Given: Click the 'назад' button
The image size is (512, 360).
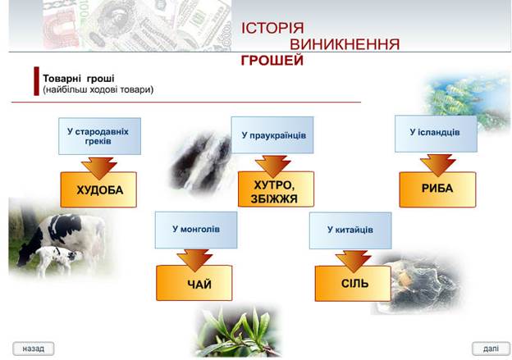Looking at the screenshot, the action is [x=34, y=348].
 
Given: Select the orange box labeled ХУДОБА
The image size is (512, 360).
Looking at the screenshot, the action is [x=98, y=190].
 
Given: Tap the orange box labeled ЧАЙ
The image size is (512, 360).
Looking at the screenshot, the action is [x=194, y=284].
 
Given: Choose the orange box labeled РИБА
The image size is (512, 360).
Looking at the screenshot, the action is [x=437, y=189].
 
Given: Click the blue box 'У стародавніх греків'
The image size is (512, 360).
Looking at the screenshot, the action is [x=98, y=135].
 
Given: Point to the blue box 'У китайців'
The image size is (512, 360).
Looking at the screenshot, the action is [x=350, y=230].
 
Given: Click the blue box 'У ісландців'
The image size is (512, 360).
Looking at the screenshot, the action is [x=435, y=133].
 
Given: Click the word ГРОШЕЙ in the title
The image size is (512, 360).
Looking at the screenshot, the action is [x=272, y=61].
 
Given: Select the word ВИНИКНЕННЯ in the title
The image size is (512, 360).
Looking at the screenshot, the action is [x=345, y=44].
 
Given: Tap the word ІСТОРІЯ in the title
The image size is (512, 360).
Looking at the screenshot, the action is [x=272, y=28].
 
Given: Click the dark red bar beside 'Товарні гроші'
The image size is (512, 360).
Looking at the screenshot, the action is [x=37, y=81].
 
